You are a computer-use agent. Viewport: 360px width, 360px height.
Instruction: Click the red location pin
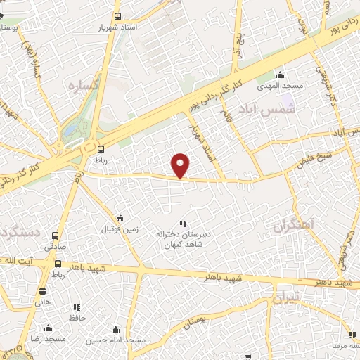(x=181, y=165)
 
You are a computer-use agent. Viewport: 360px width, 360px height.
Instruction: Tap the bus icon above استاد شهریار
(x=117, y=15)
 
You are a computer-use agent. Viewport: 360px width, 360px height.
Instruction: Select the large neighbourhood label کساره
(x=82, y=84)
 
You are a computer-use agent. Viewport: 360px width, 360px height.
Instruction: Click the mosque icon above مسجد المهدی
(x=280, y=75)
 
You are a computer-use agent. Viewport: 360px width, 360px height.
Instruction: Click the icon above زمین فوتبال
(x=120, y=218)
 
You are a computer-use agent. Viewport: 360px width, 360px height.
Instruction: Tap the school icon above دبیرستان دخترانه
(x=184, y=223)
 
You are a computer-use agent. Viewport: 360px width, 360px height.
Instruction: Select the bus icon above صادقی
(x=56, y=236)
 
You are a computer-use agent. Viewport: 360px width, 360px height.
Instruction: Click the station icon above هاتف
(x=43, y=291)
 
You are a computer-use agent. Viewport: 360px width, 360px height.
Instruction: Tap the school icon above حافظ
(x=77, y=307)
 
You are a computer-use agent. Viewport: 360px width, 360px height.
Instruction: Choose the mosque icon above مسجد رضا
(x=48, y=328)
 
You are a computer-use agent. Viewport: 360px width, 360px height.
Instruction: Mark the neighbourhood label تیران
(x=287, y=297)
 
